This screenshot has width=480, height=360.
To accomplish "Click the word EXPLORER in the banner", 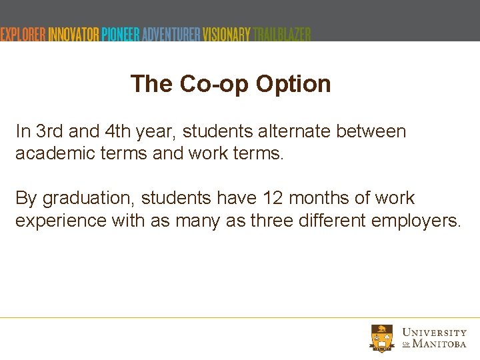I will point(23,34).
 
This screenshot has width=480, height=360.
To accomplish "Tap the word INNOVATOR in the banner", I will point(73,34).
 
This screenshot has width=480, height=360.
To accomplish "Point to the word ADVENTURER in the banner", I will point(169,34).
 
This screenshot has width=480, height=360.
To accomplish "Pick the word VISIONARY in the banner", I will point(227,34).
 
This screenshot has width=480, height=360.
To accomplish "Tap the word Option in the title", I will point(293,85).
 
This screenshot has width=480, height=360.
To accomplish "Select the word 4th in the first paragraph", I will point(117,131).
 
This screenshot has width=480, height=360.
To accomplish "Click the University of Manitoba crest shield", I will point(382,337).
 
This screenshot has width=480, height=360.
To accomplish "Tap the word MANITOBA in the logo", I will point(439,344).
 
